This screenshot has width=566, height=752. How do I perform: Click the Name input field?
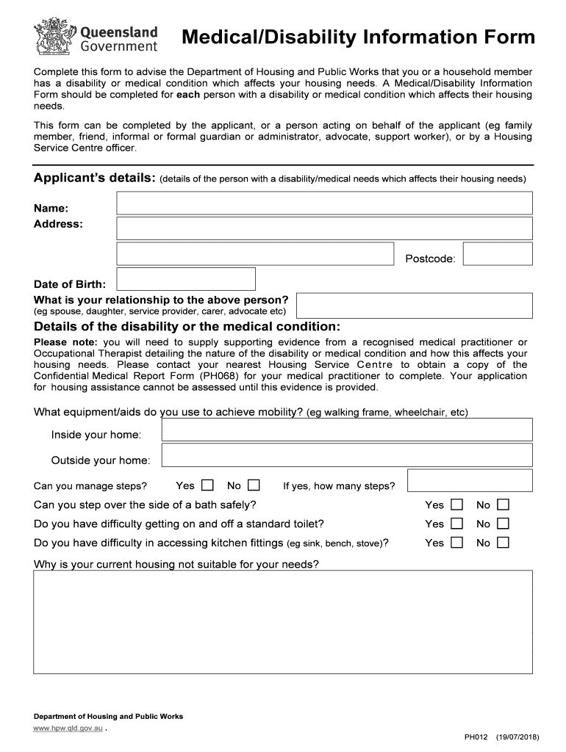[324, 203]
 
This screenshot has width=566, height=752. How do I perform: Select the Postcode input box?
[498, 254]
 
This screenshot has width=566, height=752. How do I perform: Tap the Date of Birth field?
[186, 279]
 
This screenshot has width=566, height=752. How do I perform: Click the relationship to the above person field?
[414, 305]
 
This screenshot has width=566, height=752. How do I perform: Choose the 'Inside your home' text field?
[346, 430]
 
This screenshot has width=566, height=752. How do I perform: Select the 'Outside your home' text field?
[346, 456]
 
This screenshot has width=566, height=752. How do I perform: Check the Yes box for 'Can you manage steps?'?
[207, 485]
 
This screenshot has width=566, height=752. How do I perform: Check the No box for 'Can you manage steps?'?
[254, 485]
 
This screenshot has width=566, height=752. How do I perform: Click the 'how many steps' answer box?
[469, 481]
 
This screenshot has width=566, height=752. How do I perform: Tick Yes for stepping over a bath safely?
[456, 505]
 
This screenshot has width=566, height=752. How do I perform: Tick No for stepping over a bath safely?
[503, 505]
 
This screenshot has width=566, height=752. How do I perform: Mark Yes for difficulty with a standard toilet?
[456, 524]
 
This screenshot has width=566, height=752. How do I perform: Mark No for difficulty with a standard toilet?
[503, 524]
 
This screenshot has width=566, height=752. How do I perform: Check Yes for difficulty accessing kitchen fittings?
[456, 543]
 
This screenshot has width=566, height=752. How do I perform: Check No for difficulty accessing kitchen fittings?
[503, 543]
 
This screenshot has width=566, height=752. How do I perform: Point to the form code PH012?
[476, 737]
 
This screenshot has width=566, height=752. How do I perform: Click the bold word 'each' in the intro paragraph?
[188, 95]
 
